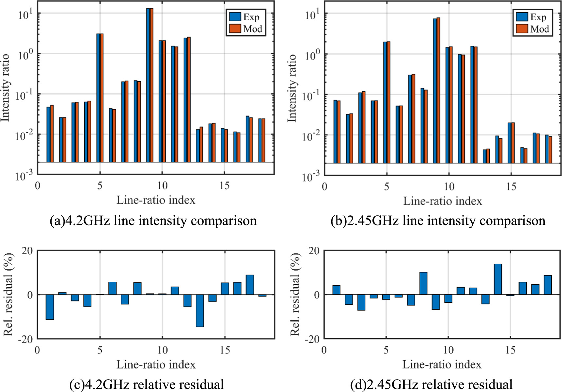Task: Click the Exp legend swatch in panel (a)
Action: (x=235, y=17)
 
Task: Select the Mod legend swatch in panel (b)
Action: (x=522, y=29)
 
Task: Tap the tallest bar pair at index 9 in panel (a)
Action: (x=150, y=85)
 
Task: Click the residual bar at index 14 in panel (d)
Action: (x=498, y=279)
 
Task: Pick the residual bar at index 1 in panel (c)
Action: (x=50, y=307)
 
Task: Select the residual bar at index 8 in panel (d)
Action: (x=423, y=283)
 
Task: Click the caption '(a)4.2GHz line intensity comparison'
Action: (x=153, y=221)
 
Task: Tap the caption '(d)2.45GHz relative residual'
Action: (x=431, y=384)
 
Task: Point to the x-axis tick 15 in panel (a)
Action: (x=224, y=186)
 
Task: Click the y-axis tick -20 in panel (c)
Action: (x=25, y=339)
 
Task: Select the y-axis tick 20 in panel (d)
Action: (x=314, y=251)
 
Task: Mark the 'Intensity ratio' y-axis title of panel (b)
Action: (x=292, y=88)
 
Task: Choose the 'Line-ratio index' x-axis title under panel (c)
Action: (x=156, y=365)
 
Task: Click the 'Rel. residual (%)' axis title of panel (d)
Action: (x=295, y=294)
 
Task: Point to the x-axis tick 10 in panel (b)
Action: (x=449, y=187)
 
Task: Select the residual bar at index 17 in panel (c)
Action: (x=250, y=285)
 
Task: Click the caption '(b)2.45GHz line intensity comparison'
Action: (x=438, y=221)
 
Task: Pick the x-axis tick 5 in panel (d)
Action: (x=386, y=350)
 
